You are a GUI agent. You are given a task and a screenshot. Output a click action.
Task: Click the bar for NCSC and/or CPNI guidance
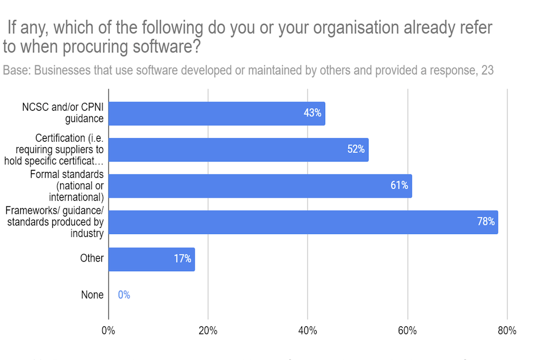(x=217, y=114)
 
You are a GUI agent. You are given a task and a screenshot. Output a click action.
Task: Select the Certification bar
(x=238, y=150)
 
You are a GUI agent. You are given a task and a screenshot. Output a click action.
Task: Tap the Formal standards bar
(x=260, y=186)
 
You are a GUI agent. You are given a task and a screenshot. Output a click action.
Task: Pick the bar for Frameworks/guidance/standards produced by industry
(x=303, y=222)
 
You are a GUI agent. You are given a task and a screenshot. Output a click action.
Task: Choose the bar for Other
(x=151, y=259)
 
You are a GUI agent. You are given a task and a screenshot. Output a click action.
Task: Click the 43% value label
(x=312, y=113)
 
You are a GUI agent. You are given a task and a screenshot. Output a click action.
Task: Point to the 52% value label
(x=355, y=150)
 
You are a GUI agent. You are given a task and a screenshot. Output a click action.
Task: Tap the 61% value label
(x=399, y=186)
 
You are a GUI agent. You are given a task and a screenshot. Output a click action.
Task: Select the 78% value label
(x=485, y=222)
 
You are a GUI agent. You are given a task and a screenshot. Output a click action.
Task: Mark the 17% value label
(x=182, y=259)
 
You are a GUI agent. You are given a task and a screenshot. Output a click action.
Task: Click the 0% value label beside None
(x=124, y=295)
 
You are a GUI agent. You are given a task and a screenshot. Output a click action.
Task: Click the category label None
(x=92, y=295)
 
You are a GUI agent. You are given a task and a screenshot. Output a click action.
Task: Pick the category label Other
(x=92, y=258)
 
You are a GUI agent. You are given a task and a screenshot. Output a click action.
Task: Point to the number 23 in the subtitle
(x=488, y=71)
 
